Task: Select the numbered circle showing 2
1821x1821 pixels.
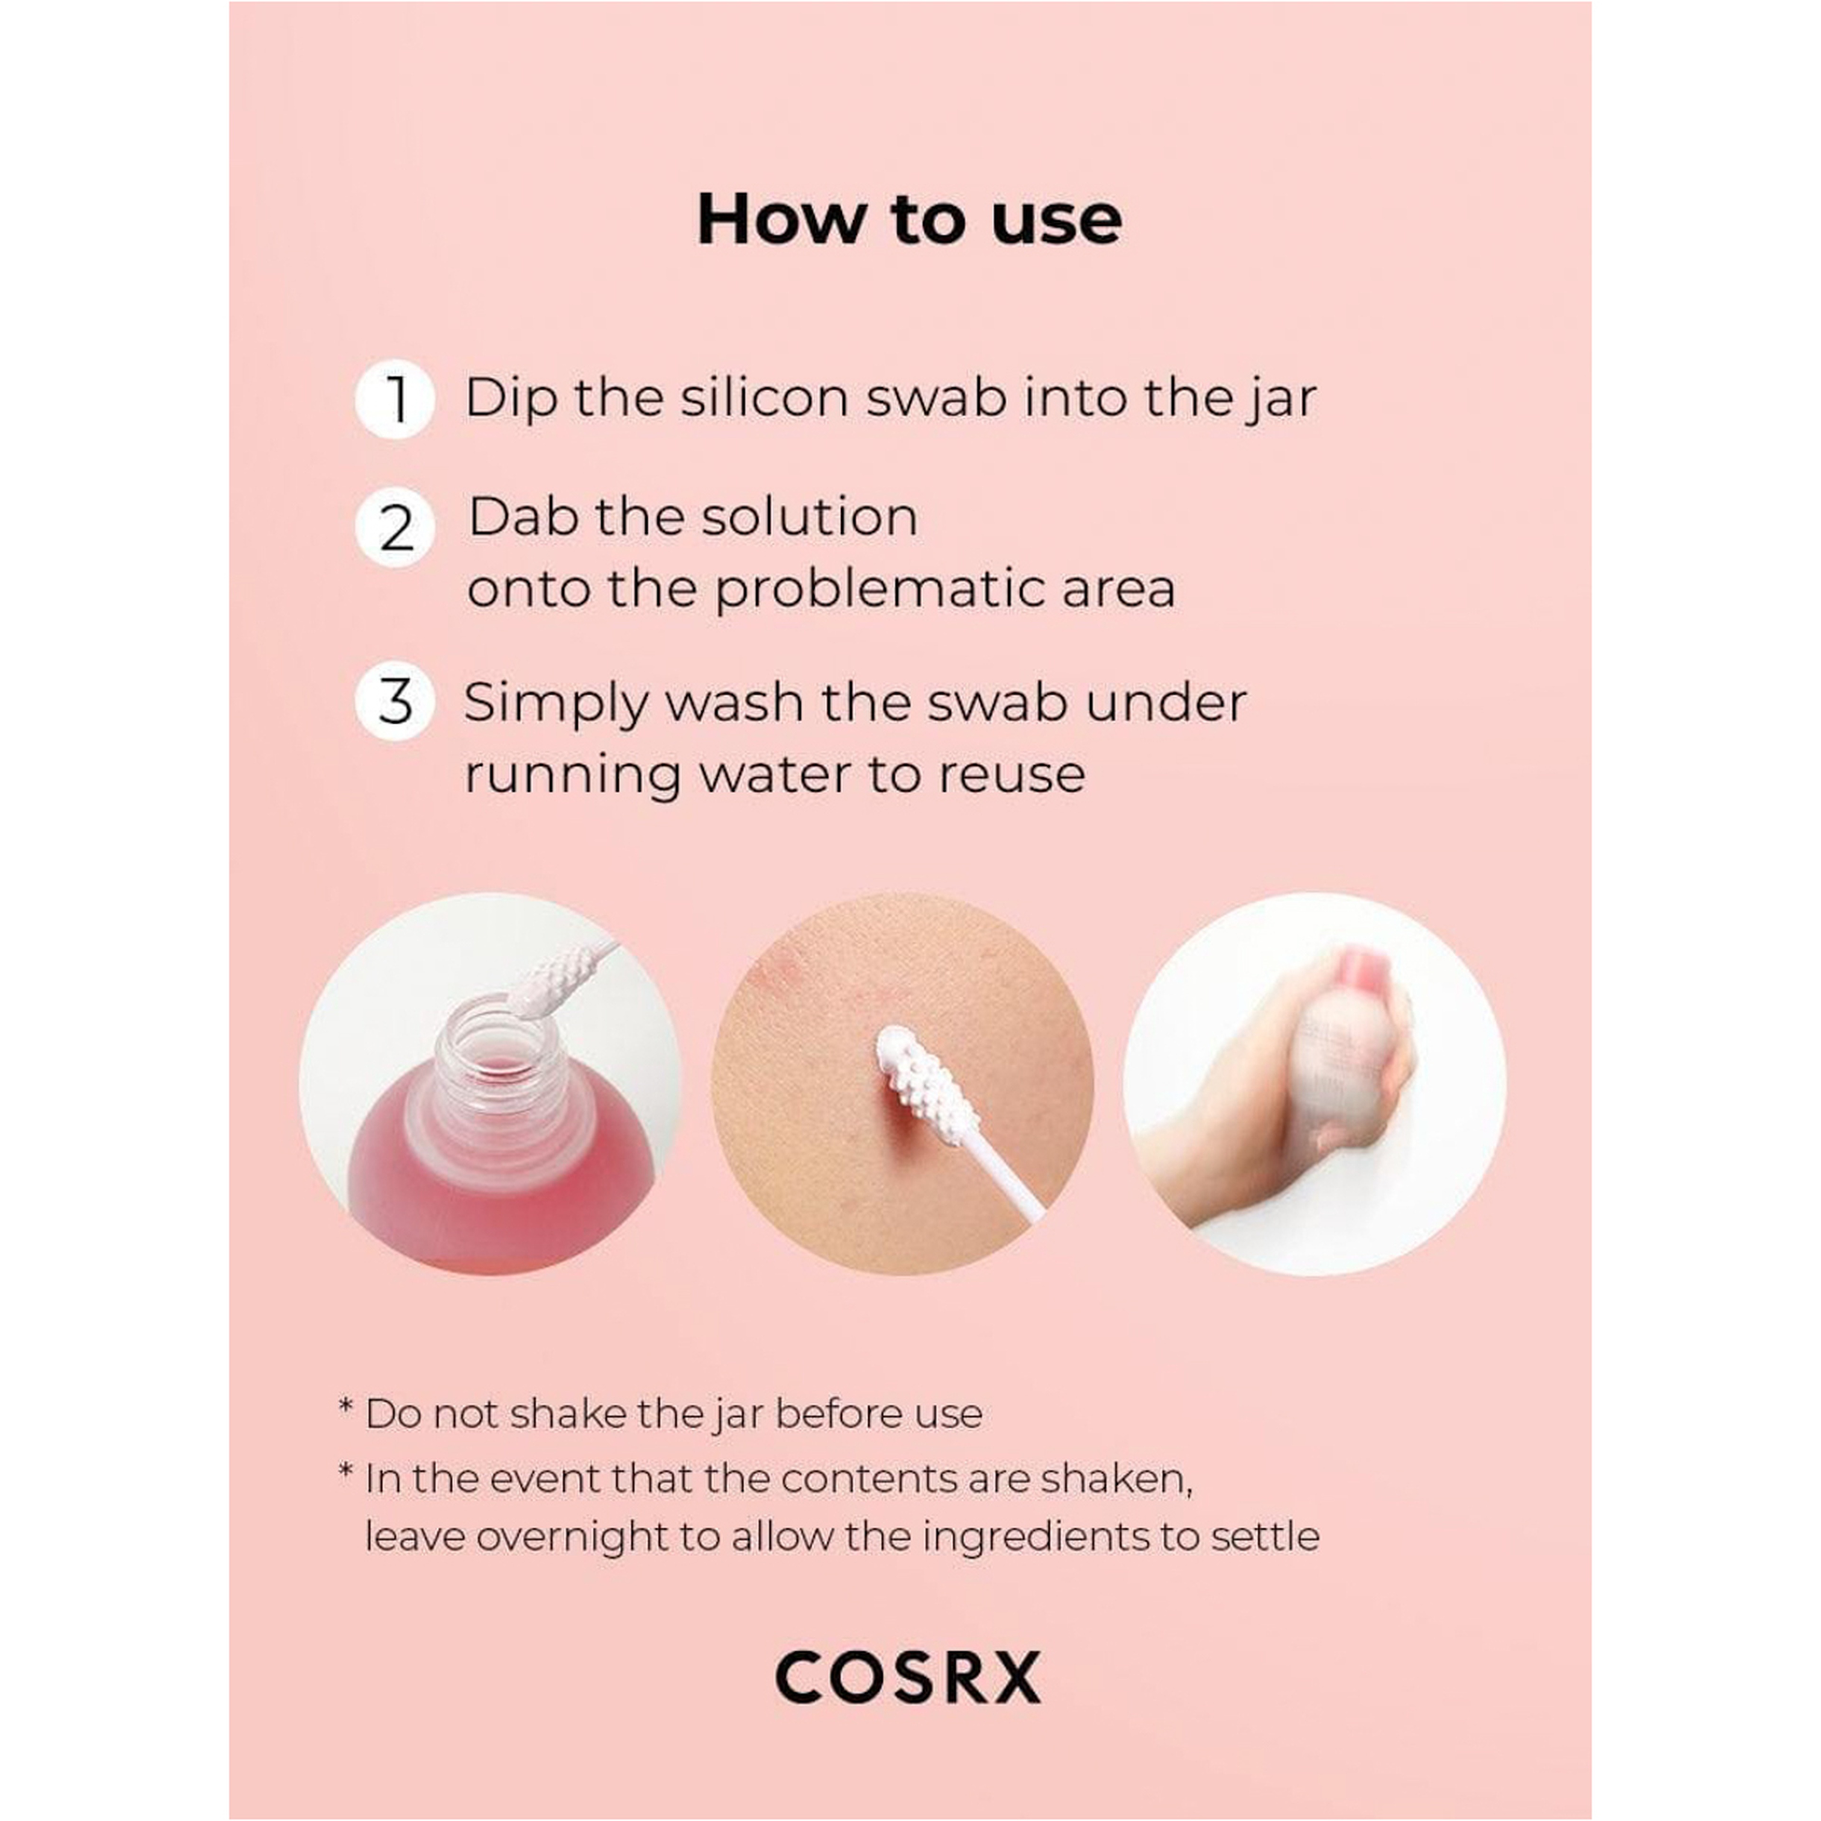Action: click(395, 528)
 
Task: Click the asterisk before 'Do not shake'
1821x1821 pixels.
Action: click(346, 1408)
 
